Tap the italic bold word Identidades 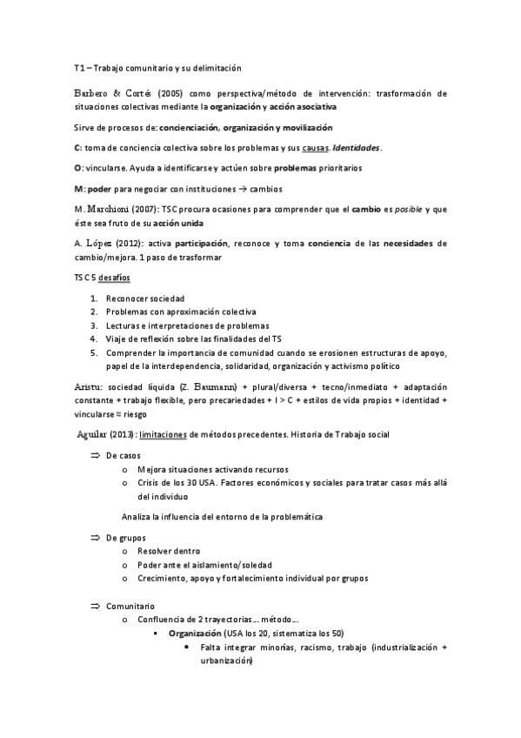(357, 147)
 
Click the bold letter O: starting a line (79, 167)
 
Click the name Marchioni (110, 209)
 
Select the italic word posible (397, 209)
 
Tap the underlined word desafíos (115, 278)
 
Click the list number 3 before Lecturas (93, 326)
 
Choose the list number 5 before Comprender (93, 352)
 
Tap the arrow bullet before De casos (96, 455)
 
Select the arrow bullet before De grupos (96, 538)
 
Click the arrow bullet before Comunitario (96, 605)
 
